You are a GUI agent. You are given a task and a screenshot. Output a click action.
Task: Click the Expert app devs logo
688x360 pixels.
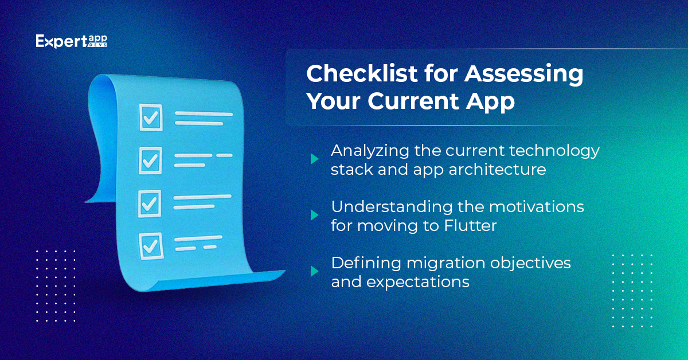(x=71, y=41)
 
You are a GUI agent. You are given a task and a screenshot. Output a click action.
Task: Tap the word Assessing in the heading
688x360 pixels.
(x=523, y=75)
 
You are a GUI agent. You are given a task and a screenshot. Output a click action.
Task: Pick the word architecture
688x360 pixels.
(x=497, y=169)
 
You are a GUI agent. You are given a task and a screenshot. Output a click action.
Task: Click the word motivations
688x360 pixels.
(x=537, y=207)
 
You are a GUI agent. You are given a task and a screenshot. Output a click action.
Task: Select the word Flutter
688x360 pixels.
(x=470, y=225)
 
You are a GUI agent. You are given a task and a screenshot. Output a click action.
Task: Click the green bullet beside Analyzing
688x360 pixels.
(x=314, y=159)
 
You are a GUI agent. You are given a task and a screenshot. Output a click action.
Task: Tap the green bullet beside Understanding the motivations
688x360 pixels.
(x=314, y=215)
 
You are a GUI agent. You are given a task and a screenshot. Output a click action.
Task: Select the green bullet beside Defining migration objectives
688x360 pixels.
(x=314, y=271)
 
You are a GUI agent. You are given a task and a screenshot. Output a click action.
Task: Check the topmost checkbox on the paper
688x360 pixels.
(x=151, y=118)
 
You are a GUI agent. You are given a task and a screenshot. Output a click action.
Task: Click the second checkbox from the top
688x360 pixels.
(x=150, y=161)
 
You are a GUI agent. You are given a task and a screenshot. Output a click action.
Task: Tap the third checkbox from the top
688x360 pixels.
(x=150, y=204)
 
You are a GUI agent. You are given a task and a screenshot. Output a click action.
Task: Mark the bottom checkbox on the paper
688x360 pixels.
(x=151, y=246)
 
